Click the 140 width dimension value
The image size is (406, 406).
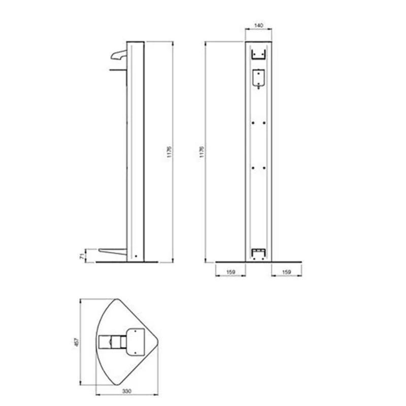point(259,25)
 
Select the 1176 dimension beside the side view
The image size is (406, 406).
point(169,152)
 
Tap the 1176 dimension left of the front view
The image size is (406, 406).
point(202,152)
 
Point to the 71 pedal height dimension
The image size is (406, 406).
point(82,256)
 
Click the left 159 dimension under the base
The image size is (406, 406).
point(230,272)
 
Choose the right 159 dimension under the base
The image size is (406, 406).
point(286,272)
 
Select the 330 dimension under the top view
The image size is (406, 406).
point(126,391)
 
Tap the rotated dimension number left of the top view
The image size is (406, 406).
point(77,342)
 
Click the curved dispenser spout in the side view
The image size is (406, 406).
point(119,55)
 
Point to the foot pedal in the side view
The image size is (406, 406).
point(113,251)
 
